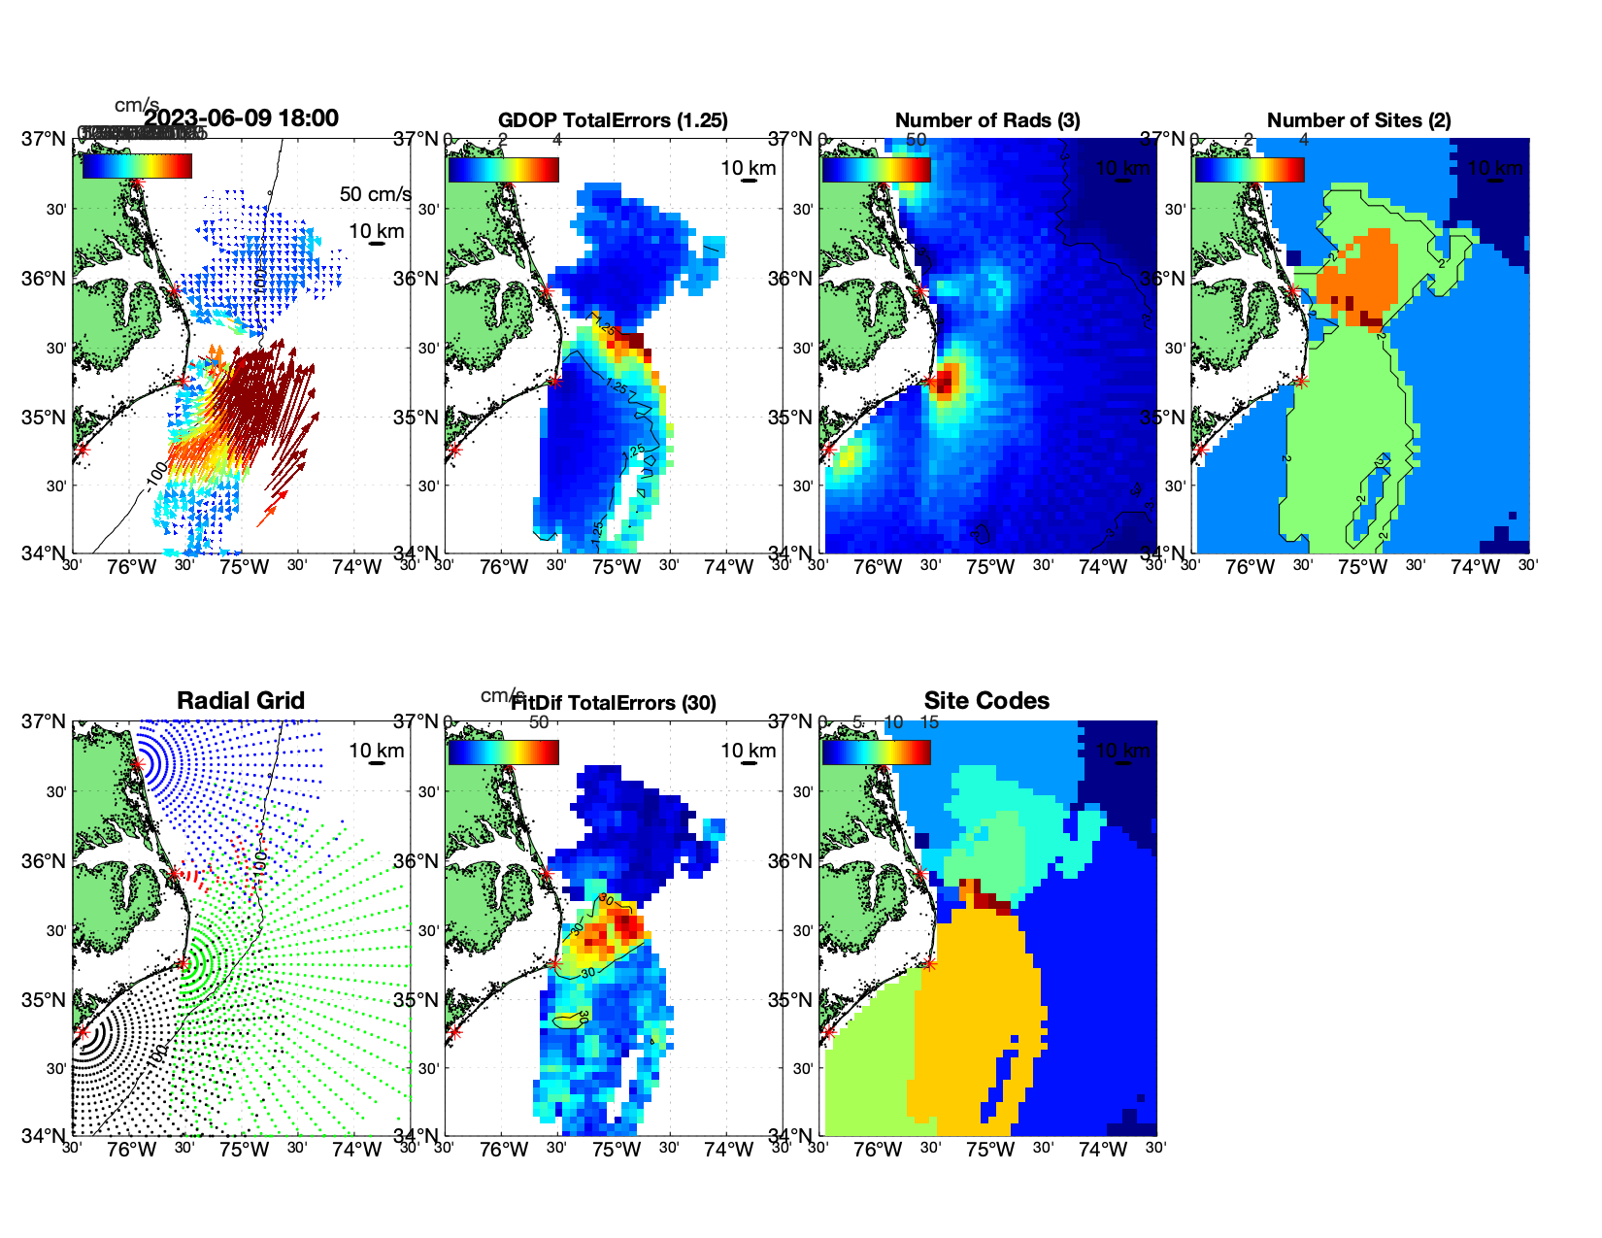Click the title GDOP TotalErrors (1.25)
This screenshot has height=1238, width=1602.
point(613,120)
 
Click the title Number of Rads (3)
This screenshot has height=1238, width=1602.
point(987,120)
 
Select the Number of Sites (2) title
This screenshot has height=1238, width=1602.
point(1358,120)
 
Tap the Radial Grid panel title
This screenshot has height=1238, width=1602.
point(241,701)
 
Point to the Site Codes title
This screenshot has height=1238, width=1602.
point(986,701)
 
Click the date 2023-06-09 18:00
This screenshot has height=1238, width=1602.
point(242,118)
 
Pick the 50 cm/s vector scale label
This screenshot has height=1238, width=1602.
point(375,194)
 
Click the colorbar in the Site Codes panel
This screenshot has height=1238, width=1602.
point(876,753)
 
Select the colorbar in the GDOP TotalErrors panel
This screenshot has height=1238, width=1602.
point(503,170)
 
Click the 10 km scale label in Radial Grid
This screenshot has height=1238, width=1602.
point(376,751)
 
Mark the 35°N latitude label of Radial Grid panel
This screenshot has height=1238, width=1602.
point(44,1000)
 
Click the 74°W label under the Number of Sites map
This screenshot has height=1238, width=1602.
point(1475,568)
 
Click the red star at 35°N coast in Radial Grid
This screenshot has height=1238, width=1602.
point(183,963)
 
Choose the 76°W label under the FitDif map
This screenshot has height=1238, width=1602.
point(504,1151)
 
